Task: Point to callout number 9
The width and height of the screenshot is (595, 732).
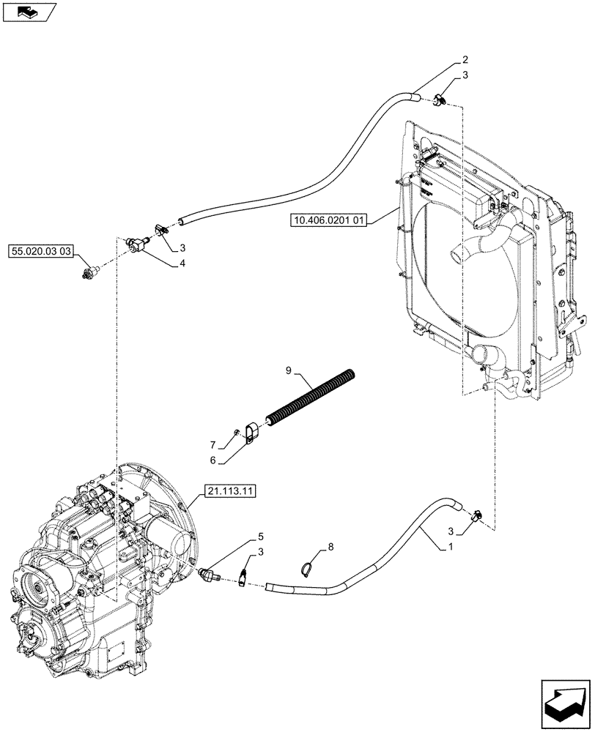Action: click(x=289, y=373)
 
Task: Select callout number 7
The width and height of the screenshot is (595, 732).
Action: click(x=212, y=445)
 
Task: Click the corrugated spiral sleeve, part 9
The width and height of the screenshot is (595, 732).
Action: click(x=311, y=398)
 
